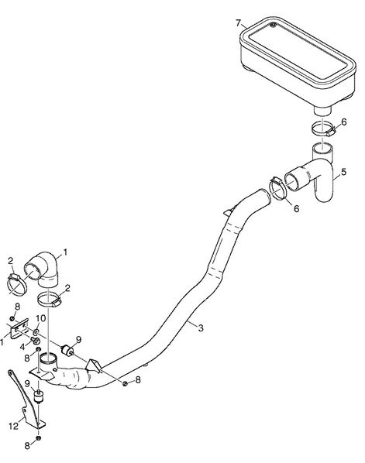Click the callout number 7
pos(239,22)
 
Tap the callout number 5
pos(343,172)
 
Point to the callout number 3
pos(201,328)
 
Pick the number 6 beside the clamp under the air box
pos(344,122)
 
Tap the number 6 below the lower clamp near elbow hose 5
pos(297,208)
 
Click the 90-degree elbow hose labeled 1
pos(43,269)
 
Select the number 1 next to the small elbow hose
pos(65,252)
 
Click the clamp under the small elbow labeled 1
pos(49,300)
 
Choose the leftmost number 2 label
pos(11,261)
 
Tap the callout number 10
pos(41,318)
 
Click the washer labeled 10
pos(36,332)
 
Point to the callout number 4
pos(22,347)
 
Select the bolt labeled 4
pos(36,341)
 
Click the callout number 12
pos(14,427)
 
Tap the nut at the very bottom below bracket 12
pos(38,437)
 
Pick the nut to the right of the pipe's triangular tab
pos(126,383)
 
